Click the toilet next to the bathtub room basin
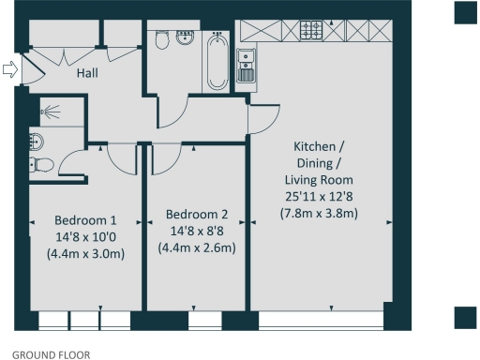click(x=162, y=42)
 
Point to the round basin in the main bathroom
click(x=184, y=40)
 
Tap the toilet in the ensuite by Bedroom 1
click(x=40, y=166)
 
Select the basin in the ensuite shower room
click(x=36, y=142)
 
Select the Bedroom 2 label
click(x=196, y=213)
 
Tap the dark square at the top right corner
click(x=466, y=12)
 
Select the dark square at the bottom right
click(x=466, y=318)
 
